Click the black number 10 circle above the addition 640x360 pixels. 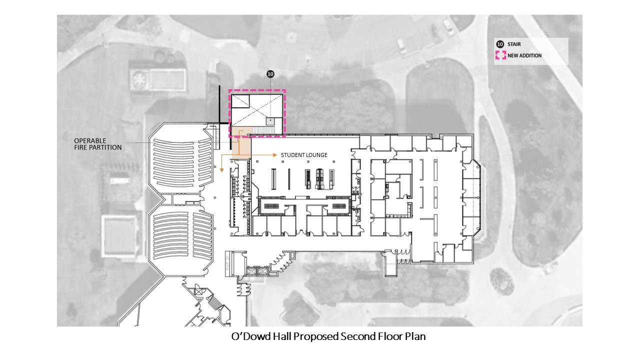270,74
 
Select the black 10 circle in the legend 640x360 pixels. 500,44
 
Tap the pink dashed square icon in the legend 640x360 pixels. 500,55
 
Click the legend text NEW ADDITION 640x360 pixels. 524,55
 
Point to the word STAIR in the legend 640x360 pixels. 514,44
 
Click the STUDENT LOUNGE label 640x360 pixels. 304,155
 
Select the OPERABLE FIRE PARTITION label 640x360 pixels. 97,144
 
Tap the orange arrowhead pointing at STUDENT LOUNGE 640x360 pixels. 275,155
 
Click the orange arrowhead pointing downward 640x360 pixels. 221,170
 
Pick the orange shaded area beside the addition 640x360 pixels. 241,143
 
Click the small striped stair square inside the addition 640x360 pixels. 270,121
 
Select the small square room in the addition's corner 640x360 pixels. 240,101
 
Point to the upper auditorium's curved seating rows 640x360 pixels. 182,162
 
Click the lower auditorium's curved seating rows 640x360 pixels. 182,239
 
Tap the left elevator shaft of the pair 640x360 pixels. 251,271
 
